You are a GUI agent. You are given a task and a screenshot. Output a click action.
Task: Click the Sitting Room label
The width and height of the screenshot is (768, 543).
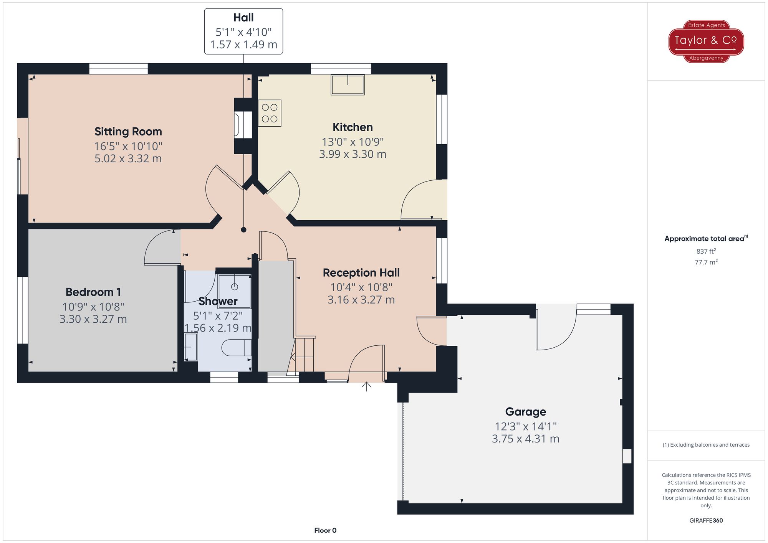(x=128, y=132)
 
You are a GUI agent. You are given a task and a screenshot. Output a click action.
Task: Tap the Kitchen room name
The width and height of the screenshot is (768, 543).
(x=353, y=127)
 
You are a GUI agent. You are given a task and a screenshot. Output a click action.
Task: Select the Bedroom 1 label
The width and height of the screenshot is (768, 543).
(x=93, y=292)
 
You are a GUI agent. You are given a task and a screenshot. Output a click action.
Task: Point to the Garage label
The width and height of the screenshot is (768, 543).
(x=525, y=412)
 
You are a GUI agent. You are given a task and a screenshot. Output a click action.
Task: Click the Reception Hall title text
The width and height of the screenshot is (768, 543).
(x=361, y=273)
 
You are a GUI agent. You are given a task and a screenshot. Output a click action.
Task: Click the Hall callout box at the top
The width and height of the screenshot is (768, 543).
(x=243, y=31)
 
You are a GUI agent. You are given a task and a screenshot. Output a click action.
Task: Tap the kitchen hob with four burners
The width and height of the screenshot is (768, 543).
(x=270, y=113)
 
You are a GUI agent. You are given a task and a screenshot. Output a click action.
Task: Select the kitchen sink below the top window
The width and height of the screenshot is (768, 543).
(x=348, y=84)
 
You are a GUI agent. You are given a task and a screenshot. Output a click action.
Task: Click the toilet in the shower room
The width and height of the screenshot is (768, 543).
(x=237, y=348)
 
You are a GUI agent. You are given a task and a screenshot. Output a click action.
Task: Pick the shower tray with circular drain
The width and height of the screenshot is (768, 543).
(x=235, y=291)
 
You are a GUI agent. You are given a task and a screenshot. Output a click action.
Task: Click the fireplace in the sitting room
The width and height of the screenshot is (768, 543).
(x=243, y=125)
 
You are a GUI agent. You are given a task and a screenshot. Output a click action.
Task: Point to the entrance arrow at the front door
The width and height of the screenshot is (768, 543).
(x=366, y=386)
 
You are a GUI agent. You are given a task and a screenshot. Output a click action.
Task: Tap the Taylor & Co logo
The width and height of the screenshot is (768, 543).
(x=706, y=41)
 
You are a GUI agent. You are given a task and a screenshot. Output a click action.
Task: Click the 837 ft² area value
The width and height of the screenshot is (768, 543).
(x=706, y=251)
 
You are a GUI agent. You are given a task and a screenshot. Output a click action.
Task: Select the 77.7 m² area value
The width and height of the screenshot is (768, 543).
(x=706, y=262)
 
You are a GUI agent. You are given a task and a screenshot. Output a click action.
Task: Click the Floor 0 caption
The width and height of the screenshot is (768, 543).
(x=325, y=530)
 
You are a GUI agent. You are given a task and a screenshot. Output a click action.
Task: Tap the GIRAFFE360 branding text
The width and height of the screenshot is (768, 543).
(x=706, y=521)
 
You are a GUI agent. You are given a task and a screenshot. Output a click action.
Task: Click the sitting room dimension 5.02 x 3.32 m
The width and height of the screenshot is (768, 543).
(x=128, y=158)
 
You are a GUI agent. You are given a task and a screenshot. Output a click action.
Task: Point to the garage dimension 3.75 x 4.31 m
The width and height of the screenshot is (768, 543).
(x=525, y=439)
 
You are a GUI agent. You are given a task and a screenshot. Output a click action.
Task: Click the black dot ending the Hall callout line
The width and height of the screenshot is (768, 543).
(x=243, y=230)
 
